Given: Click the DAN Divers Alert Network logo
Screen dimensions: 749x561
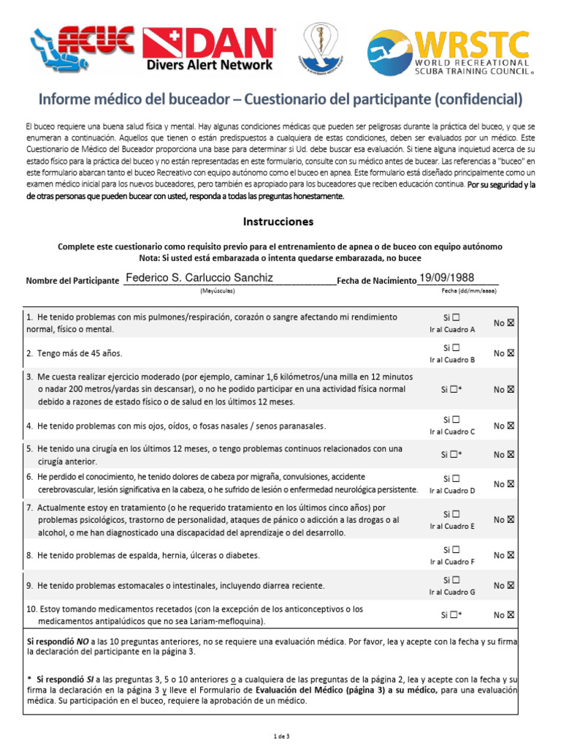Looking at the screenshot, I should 209,49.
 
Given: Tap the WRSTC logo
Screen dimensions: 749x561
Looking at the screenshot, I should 448,53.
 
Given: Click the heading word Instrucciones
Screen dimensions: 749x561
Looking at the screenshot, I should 278,221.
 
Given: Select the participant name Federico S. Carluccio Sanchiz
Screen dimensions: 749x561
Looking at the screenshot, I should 199,278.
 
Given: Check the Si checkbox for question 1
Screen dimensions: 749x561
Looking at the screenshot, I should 456,318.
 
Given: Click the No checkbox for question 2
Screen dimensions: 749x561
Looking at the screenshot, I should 511,353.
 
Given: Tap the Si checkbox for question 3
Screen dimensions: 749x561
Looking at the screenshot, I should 455,388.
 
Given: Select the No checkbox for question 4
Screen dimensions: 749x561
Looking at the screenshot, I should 511,425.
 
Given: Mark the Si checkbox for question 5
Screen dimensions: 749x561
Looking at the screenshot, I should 455,454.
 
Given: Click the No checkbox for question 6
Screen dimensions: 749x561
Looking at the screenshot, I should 511,483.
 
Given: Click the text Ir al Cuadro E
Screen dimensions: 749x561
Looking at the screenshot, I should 451,526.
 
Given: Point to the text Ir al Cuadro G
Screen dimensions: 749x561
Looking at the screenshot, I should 451,592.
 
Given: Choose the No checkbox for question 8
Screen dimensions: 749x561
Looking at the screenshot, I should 511,555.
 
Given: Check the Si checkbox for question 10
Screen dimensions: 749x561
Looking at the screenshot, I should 455,615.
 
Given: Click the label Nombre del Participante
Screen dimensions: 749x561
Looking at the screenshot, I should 72,280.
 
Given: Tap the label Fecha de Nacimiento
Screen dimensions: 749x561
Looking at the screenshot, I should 376,280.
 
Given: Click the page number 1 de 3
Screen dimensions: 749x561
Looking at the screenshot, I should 281,735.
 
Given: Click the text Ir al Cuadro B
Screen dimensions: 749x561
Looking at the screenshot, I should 451,359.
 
